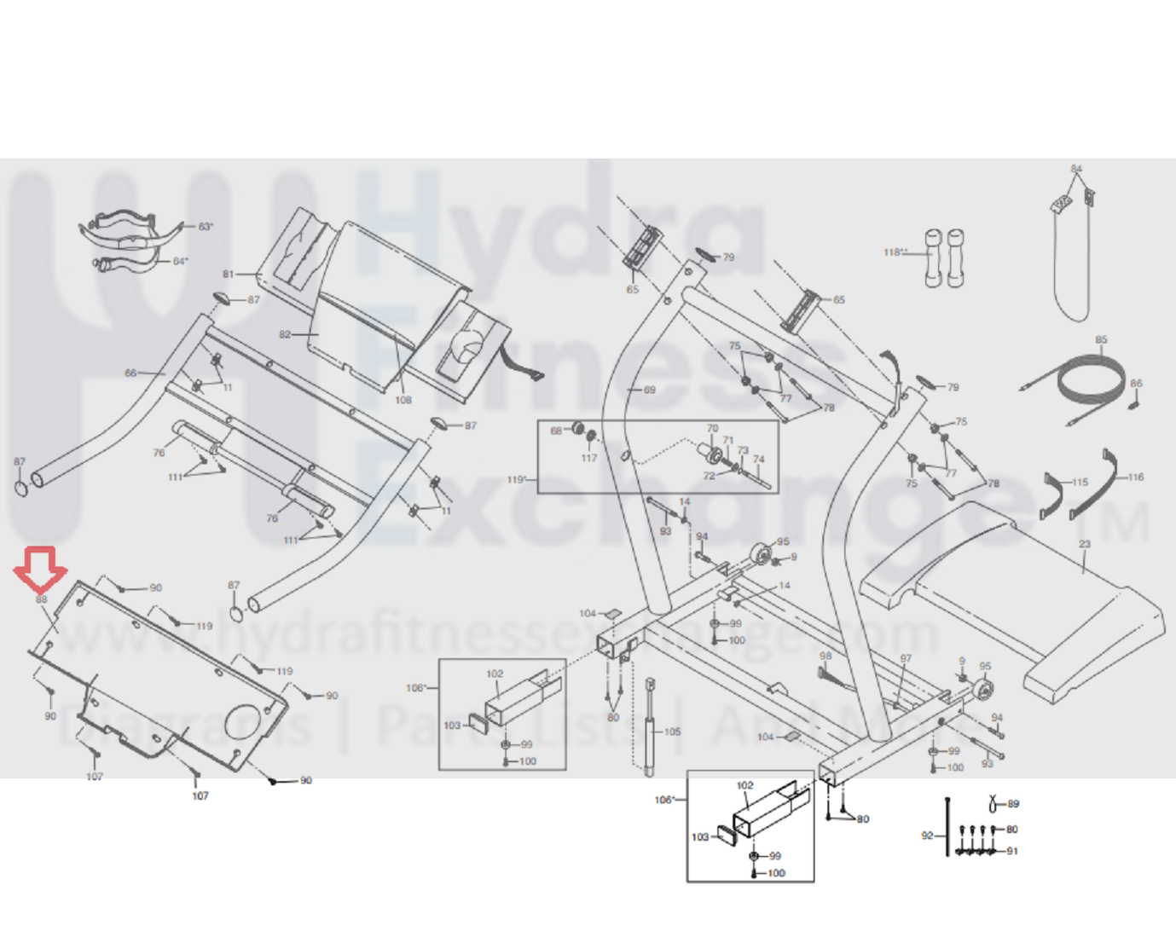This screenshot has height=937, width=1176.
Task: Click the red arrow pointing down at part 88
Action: coord(40,569)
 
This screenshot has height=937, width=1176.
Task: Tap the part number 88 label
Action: coord(41,599)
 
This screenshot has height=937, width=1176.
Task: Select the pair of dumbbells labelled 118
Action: coord(944,257)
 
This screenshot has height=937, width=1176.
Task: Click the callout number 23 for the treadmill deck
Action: coord(1084,544)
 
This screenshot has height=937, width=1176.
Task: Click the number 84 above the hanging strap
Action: coord(1076,169)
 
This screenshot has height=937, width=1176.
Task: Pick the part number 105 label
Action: coord(672,732)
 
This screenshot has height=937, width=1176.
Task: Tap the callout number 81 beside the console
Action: coord(228,275)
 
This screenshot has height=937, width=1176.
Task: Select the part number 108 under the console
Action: coord(403,400)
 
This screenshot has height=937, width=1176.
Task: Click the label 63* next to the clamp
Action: coord(206,227)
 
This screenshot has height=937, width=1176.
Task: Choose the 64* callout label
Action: coord(180,261)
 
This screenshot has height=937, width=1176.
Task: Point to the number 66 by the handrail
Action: coord(130,373)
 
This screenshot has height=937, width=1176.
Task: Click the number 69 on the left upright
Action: coord(649,390)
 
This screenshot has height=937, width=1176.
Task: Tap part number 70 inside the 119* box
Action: coord(712,428)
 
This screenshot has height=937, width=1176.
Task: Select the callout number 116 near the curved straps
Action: coord(1135,477)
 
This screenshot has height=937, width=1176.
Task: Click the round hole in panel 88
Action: coord(242,721)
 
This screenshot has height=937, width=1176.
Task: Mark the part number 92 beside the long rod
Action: coord(927,836)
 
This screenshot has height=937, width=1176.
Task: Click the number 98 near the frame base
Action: coord(825,656)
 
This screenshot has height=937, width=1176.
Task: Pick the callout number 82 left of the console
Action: coord(285,334)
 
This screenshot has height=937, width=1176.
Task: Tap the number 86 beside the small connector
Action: coord(1136,384)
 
